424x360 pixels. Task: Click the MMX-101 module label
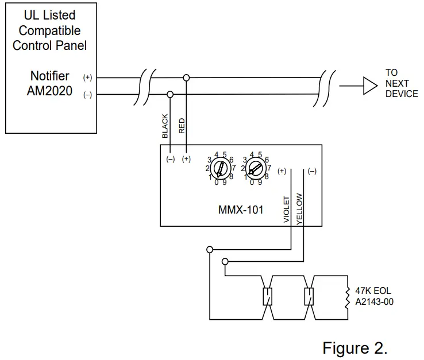point(240,210)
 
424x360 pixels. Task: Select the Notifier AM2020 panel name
point(49,83)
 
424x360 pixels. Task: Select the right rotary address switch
point(256,169)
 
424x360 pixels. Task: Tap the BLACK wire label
point(165,126)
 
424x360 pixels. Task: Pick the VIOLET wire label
point(287,209)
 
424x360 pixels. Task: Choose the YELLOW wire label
point(299,208)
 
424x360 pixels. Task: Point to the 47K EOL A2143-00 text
point(374,296)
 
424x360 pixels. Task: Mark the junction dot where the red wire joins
point(186,77)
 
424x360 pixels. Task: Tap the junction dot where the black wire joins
point(170,94)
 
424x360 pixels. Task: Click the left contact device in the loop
point(267,296)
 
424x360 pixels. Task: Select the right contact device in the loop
point(309,296)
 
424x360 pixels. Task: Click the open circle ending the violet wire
point(210,249)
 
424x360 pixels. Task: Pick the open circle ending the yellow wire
point(225,262)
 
